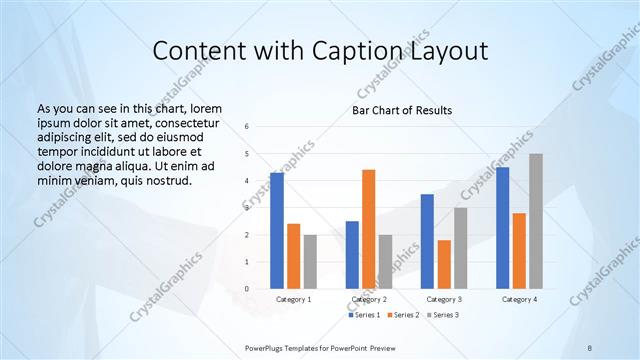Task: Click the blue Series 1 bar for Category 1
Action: [x=276, y=231]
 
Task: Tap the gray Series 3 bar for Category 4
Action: [x=536, y=221]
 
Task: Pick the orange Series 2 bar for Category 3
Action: [x=444, y=264]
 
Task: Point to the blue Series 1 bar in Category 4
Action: [x=502, y=228]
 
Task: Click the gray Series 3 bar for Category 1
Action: [x=310, y=262]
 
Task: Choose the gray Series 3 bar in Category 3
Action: [x=460, y=248]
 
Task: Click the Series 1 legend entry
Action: [x=364, y=314]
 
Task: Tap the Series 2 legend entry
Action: [x=402, y=314]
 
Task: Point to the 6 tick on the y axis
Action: [x=246, y=127]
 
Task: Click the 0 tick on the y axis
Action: [x=246, y=289]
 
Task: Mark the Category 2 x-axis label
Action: [x=369, y=299]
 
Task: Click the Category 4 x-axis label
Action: [x=519, y=299]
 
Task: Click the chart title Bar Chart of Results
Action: [x=402, y=110]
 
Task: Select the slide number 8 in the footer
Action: [x=589, y=347]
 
